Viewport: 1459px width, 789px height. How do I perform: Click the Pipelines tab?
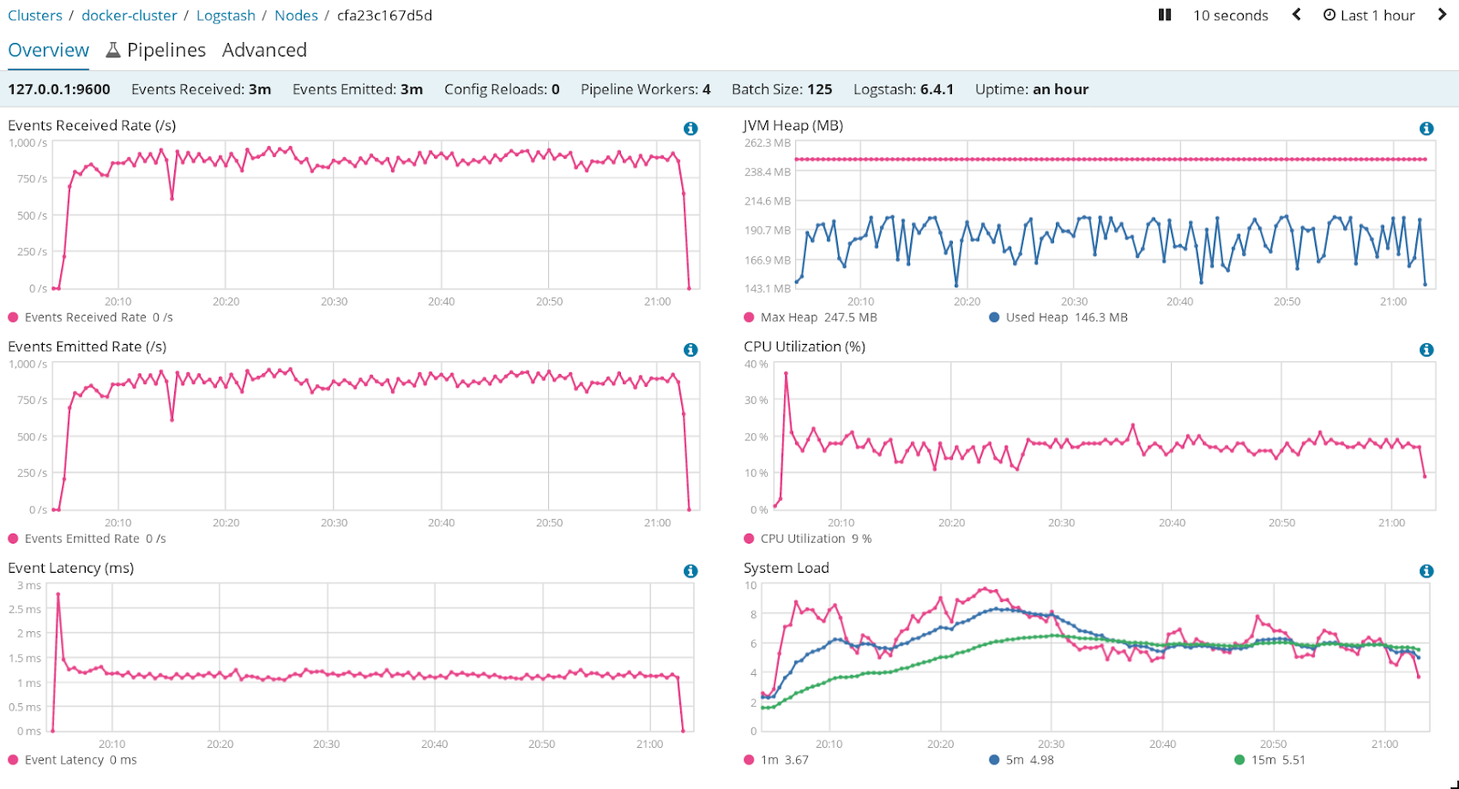click(156, 50)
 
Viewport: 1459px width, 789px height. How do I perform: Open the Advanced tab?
click(264, 50)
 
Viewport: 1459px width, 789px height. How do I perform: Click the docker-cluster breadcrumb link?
click(129, 16)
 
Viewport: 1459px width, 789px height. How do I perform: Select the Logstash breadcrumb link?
click(225, 16)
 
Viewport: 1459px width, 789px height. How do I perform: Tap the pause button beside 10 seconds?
click(1164, 15)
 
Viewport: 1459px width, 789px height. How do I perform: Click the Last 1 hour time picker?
click(1369, 16)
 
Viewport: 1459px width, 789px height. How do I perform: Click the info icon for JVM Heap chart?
click(1426, 129)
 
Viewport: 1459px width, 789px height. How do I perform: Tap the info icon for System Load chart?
click(1426, 571)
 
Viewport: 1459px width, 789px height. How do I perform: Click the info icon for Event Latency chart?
click(690, 571)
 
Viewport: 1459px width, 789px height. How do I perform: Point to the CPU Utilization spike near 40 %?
click(786, 373)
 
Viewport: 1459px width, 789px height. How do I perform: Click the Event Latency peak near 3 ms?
click(58, 595)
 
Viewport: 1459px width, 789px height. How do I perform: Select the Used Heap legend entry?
click(1058, 317)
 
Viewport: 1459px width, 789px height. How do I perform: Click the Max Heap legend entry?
click(810, 317)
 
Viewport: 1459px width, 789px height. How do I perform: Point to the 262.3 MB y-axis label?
click(767, 143)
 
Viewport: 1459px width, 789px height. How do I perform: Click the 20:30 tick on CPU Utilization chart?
click(1061, 523)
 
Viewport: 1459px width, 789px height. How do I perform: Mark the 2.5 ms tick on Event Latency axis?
click(26, 609)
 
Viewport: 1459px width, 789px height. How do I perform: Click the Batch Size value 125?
click(820, 89)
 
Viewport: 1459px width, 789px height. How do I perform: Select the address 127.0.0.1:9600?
click(59, 89)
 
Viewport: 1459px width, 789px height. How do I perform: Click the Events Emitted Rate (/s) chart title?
click(87, 347)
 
